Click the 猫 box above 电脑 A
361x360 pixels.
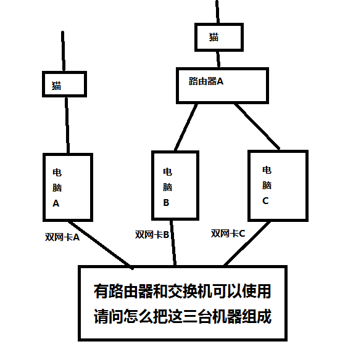pos(64,84)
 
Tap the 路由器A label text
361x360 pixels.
pos(205,81)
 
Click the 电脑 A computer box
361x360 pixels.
pos(68,187)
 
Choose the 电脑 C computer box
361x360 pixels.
pos(277,184)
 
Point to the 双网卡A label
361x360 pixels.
pos(62,237)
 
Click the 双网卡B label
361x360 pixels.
pos(152,234)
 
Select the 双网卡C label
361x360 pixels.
pos(228,233)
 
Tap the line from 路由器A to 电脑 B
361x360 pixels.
pos(186,126)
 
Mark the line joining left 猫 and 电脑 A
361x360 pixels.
pos(66,125)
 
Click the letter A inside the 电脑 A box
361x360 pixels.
pos(56,203)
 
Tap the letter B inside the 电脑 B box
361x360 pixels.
pos(167,202)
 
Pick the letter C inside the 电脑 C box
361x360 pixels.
pos(266,200)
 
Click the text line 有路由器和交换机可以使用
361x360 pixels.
pos(182,290)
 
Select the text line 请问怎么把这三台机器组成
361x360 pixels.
pos(182,317)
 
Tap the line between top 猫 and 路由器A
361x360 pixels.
pos(217,59)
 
